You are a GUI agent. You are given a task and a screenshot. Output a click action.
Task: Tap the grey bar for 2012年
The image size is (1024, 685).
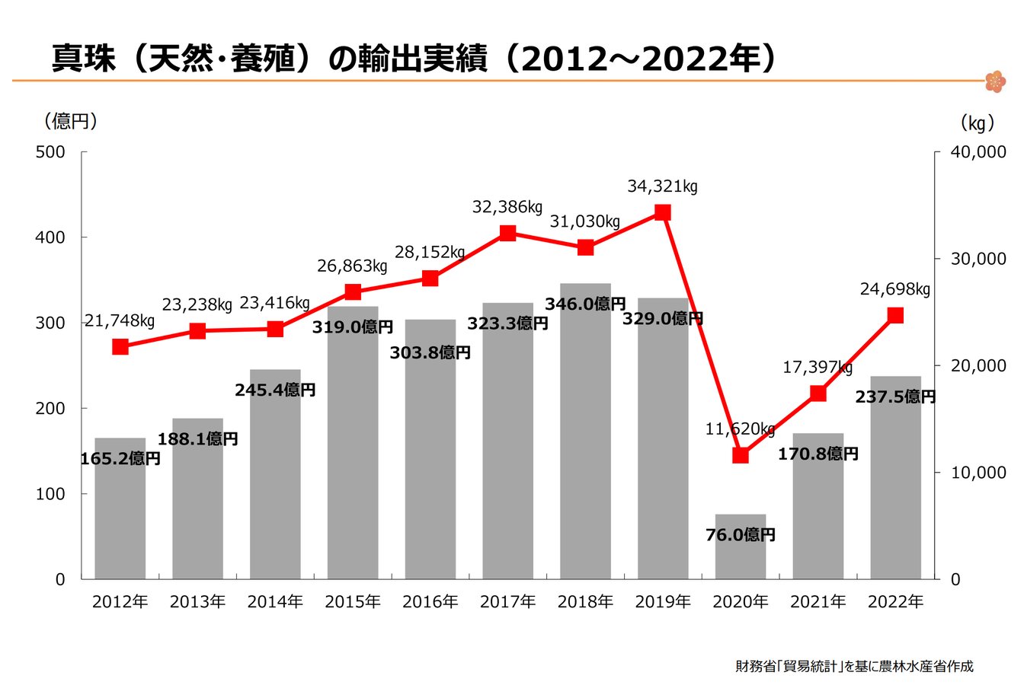click(x=120, y=518)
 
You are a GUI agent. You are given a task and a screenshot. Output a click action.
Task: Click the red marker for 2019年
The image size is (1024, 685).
click(x=663, y=212)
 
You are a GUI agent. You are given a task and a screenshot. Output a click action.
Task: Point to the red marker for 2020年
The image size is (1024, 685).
click(x=741, y=455)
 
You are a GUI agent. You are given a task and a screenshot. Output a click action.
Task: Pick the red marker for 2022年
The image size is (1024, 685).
click(x=895, y=315)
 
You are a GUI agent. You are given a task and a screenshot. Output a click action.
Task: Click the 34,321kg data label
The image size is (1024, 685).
click(x=662, y=186)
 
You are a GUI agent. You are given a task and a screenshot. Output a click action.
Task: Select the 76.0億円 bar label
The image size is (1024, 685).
click(x=741, y=535)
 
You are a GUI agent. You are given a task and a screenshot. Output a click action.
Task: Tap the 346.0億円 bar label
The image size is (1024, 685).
click(x=585, y=304)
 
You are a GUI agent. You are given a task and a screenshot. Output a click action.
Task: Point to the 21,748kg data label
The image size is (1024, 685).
click(x=120, y=321)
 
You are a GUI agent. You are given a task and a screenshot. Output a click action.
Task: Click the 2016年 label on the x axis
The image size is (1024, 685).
click(x=430, y=602)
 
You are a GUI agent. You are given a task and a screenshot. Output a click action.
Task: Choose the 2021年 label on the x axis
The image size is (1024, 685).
click(x=818, y=602)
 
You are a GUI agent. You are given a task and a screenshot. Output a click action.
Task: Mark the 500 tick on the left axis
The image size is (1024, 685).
click(x=51, y=152)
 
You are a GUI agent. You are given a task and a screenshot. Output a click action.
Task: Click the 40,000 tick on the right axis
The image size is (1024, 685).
click(x=979, y=152)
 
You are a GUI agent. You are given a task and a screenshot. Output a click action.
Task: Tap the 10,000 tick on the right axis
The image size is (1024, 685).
click(x=979, y=473)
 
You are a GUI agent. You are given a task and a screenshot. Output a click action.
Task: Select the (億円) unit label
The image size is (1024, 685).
click(x=71, y=121)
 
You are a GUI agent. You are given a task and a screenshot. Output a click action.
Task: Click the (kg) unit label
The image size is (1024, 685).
click(x=977, y=123)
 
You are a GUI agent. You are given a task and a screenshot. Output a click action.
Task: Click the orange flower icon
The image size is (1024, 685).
click(x=995, y=81)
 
